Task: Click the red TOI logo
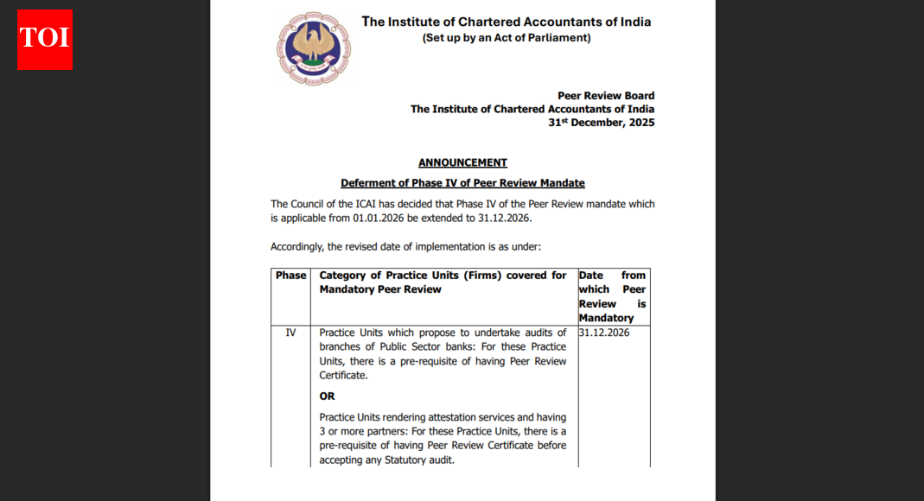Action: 45,40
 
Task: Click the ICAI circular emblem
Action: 314,48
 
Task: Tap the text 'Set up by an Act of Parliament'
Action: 506,38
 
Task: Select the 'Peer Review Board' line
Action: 606,96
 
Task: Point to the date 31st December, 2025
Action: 601,123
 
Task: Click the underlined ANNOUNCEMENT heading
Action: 462,162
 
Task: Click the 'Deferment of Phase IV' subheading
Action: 462,183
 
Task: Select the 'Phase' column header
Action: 290,276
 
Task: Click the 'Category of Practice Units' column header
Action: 443,282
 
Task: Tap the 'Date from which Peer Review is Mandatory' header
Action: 612,296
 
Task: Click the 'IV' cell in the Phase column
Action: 290,333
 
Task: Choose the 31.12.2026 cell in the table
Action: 604,333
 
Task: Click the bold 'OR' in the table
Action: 327,396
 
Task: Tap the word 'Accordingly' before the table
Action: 297,247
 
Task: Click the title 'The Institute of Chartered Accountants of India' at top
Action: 506,22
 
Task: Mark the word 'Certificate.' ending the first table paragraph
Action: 343,376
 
